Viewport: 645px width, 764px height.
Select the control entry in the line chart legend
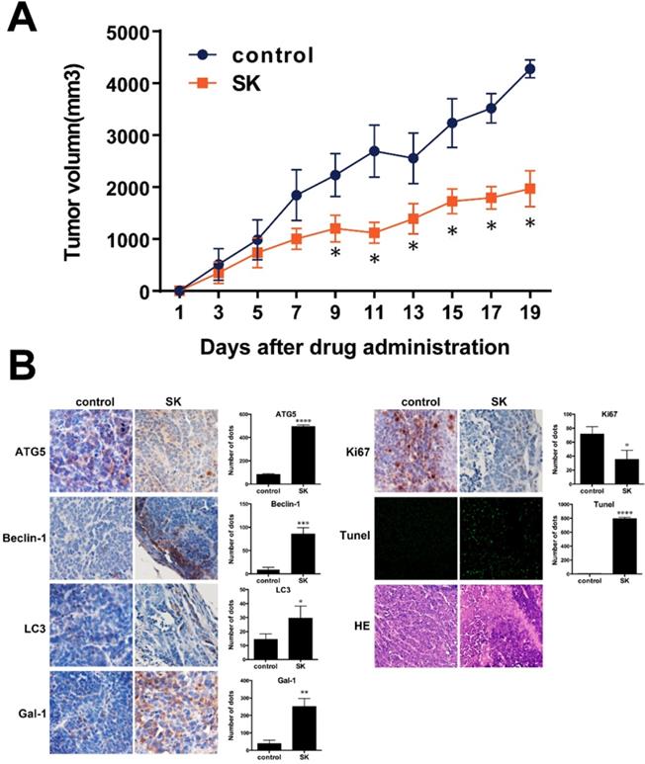(x=273, y=53)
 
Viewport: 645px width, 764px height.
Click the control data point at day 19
(x=530, y=69)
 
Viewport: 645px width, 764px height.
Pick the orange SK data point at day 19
(x=530, y=188)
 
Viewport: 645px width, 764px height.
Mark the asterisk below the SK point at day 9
(x=335, y=253)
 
